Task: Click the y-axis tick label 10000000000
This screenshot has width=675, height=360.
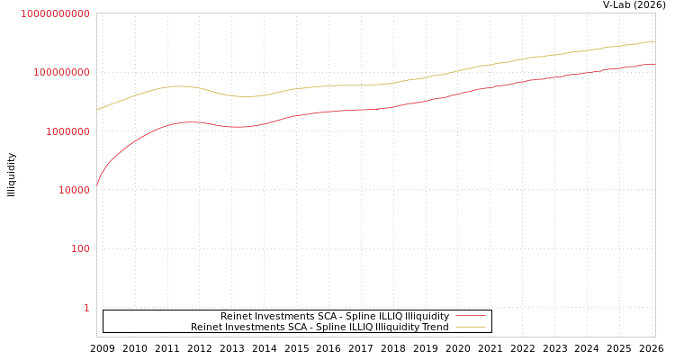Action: tap(55, 14)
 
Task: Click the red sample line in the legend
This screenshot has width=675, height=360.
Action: tap(470, 317)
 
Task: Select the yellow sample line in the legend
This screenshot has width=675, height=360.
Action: tap(470, 328)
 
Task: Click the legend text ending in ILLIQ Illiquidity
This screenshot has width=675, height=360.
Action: tap(334, 317)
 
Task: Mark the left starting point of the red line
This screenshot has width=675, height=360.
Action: tap(97, 187)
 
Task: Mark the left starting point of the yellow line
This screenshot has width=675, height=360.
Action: tap(97, 110)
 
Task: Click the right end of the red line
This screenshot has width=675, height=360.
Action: tap(654, 64)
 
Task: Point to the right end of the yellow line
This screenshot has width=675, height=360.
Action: tap(654, 41)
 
